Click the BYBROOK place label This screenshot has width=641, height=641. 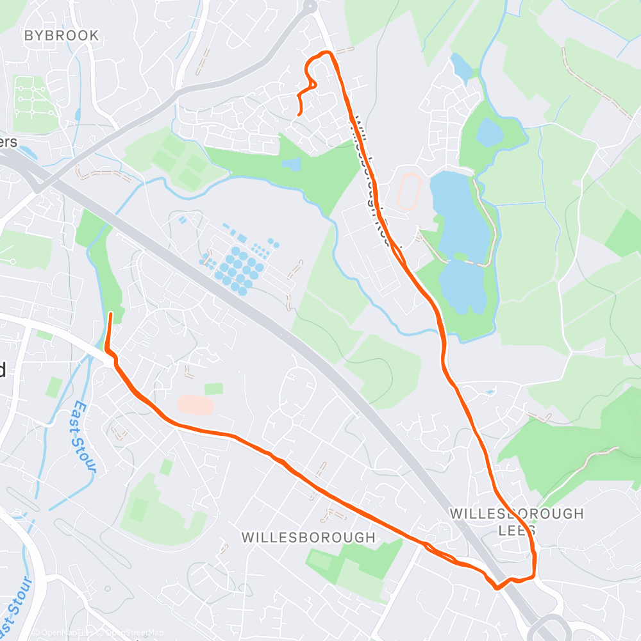tap(62, 36)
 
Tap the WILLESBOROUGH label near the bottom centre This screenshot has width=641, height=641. tap(308, 537)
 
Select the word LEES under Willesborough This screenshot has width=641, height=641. tap(517, 531)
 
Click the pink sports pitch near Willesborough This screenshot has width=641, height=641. tap(196, 404)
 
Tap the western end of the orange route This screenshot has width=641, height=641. tap(111, 313)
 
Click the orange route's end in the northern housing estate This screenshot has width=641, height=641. tap(300, 114)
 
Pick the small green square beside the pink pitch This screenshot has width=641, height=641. tap(214, 388)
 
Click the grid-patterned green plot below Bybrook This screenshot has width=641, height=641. tap(32, 103)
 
